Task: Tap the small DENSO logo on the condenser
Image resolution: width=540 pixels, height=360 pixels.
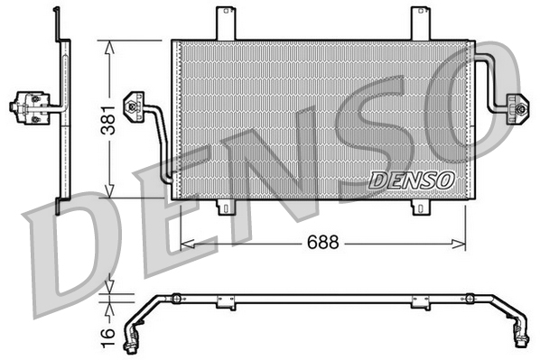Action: [411, 180]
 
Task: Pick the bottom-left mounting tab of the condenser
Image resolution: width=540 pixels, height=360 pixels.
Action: [226, 207]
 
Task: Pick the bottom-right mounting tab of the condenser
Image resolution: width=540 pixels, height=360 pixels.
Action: [421, 208]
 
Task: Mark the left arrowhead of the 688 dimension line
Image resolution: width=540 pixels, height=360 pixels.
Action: [186, 243]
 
